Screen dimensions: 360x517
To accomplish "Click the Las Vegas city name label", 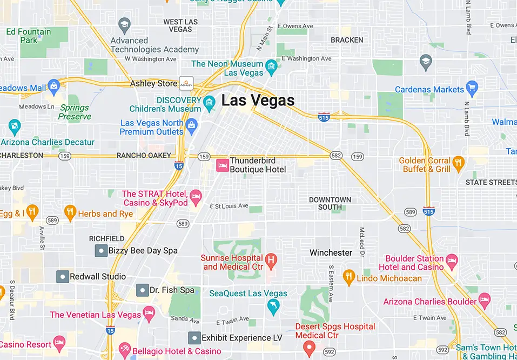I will pyautogui.click(x=258, y=101).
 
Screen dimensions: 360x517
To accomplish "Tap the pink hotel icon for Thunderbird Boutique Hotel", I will pyautogui.click(x=222, y=165).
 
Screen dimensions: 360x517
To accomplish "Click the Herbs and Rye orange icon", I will pyautogui.click(x=70, y=213).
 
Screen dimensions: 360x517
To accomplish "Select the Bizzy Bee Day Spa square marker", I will pyautogui.click(x=100, y=250).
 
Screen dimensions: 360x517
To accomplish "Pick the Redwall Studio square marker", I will pyautogui.click(x=62, y=276).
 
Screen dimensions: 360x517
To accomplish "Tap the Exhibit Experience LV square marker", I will pyautogui.click(x=194, y=338).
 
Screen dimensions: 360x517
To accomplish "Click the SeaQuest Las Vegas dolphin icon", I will pyautogui.click(x=273, y=306).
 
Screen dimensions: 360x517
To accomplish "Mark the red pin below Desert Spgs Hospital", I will pyautogui.click(x=309, y=347).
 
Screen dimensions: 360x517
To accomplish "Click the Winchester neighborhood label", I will pyautogui.click(x=331, y=252).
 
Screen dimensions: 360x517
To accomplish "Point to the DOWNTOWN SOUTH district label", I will pyautogui.click(x=330, y=203).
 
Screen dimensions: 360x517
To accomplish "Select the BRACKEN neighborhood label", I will pyautogui.click(x=347, y=40).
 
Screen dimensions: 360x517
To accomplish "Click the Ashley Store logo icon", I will pyautogui.click(x=186, y=83).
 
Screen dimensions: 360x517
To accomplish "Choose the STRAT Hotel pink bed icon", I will pyautogui.click(x=196, y=196).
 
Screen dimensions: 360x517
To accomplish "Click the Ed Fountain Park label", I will pyautogui.click(x=28, y=36).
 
